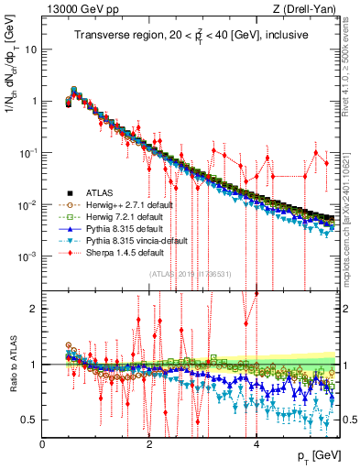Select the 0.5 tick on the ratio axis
pyautogui.click(x=30, y=420)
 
